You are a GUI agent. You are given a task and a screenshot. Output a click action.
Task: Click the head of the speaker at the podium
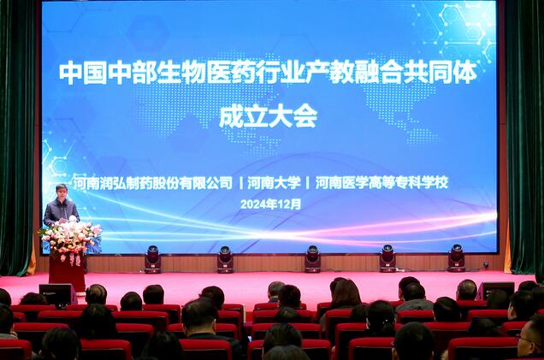(62, 191)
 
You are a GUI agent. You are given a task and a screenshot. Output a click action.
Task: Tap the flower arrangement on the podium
(71, 239)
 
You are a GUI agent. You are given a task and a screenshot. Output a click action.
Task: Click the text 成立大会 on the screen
(269, 116)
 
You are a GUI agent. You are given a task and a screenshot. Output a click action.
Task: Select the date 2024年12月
(270, 204)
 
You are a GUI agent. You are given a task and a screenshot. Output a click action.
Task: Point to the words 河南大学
(274, 183)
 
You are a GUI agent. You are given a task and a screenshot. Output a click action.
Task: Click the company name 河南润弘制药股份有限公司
(152, 183)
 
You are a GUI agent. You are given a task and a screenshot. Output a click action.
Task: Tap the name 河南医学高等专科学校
(382, 182)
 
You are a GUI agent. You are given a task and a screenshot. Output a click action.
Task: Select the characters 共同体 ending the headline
(441, 73)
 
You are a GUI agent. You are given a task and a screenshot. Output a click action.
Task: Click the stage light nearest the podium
(152, 259)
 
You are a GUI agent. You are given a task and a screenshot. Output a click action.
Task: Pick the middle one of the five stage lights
(312, 259)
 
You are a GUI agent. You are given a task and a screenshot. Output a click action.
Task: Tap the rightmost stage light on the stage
(457, 257)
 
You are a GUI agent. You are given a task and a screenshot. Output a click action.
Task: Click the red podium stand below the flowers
(67, 273)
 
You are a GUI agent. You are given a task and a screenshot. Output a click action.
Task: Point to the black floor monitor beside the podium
(55, 295)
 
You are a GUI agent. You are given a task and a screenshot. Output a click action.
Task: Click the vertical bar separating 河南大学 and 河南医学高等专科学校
(307, 183)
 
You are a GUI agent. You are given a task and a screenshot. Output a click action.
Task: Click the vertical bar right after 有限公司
(240, 183)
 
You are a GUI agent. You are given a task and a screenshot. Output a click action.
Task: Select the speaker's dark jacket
(61, 211)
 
